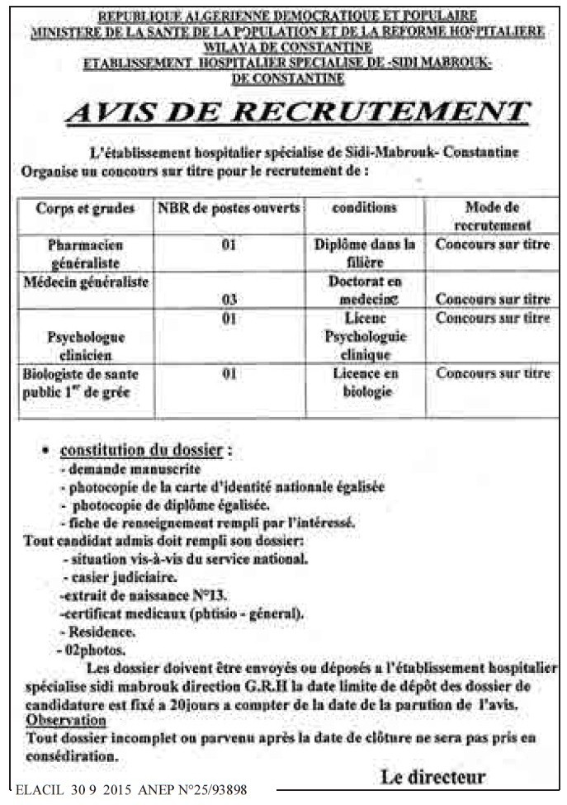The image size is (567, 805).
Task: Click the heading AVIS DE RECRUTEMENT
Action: point(296,113)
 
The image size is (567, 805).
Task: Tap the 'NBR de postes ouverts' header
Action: point(229,208)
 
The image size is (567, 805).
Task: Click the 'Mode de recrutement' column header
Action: point(492,215)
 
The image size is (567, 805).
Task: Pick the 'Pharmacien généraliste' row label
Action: point(85,253)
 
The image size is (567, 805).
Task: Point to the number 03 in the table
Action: point(229,300)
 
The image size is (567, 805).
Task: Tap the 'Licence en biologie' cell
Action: point(366,383)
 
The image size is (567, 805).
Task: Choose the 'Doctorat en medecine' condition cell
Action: point(366,290)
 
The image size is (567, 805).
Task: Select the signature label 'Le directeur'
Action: point(432,776)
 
